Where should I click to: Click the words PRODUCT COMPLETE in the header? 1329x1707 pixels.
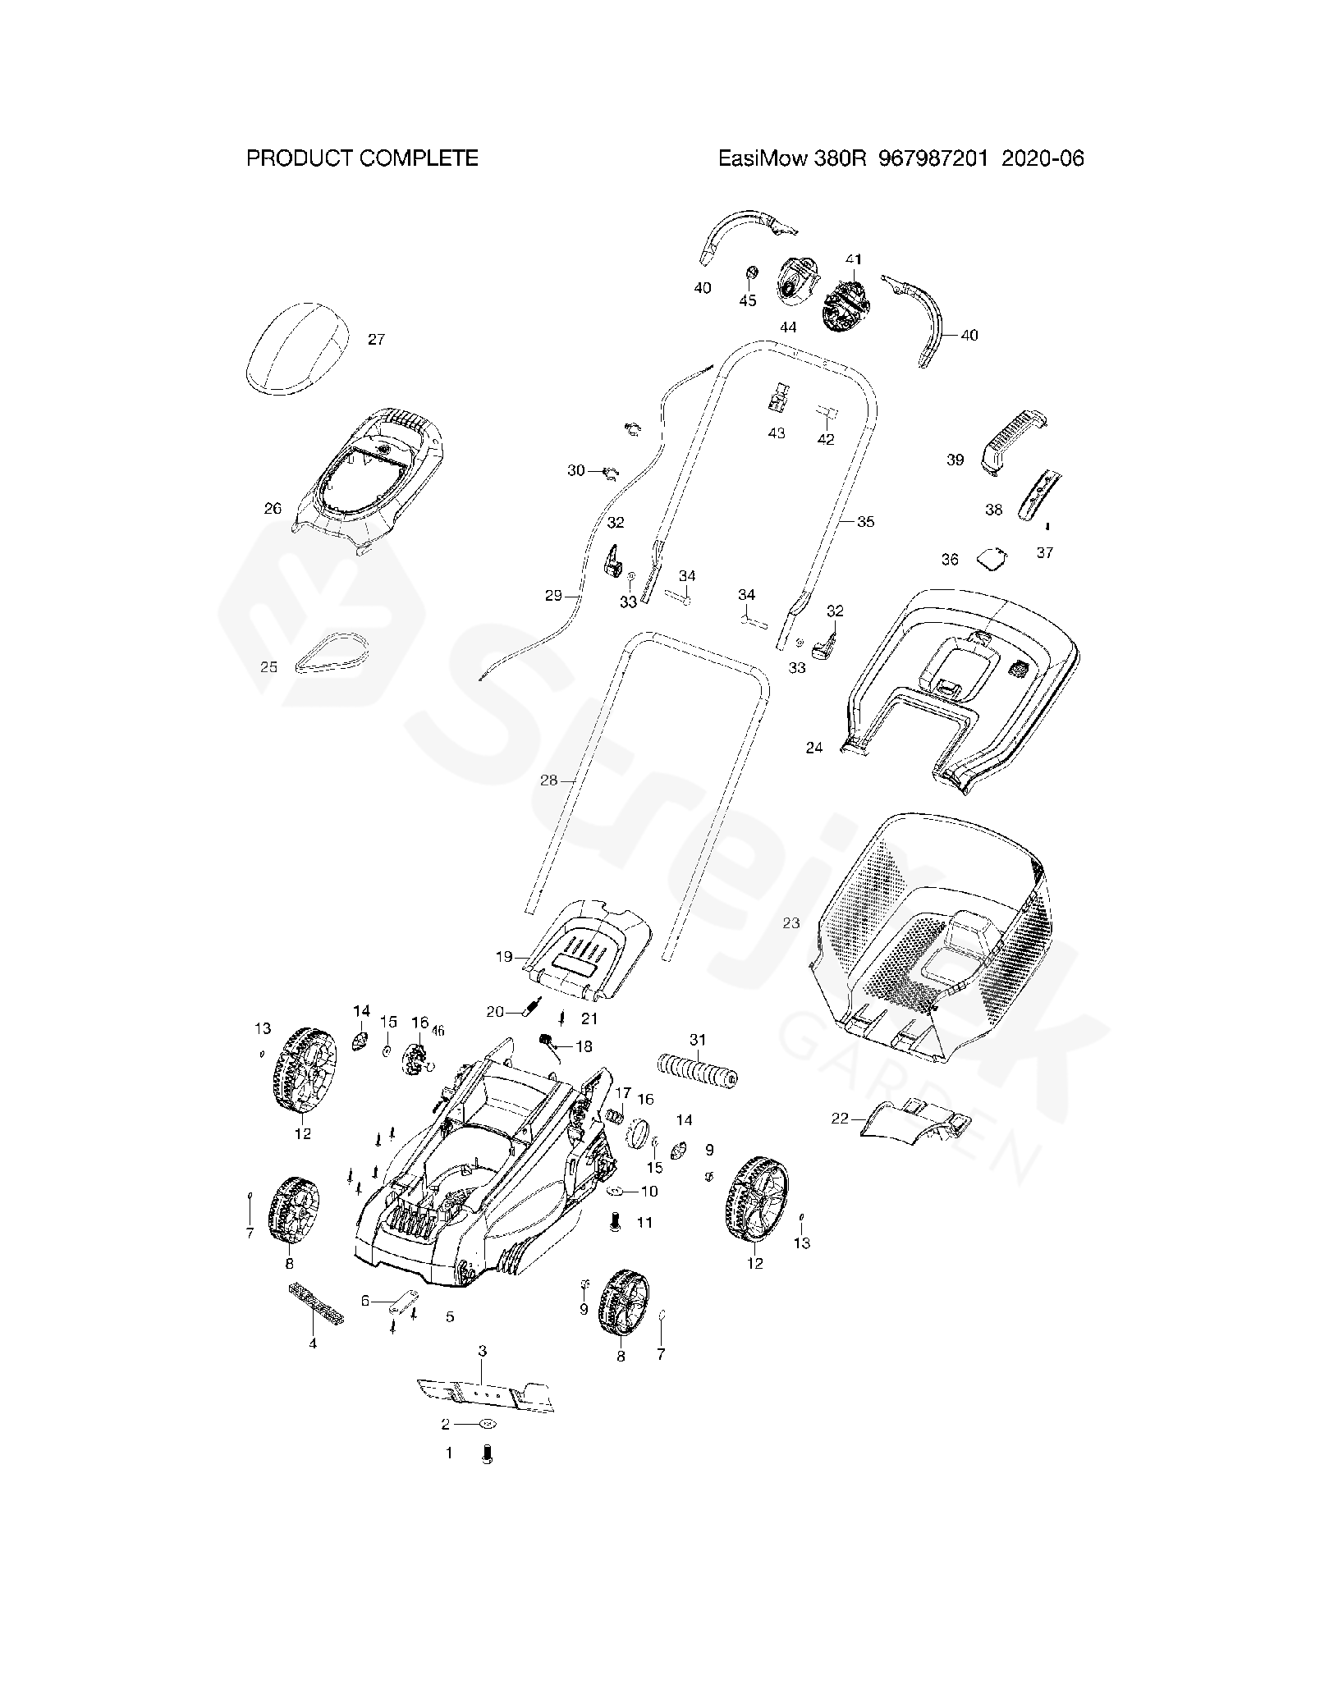click(362, 158)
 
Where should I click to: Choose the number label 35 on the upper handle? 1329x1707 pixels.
click(865, 521)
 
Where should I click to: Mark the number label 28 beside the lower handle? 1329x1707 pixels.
click(548, 780)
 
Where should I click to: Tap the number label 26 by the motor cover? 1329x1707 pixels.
click(273, 509)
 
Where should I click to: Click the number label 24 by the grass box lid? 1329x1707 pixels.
click(813, 748)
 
